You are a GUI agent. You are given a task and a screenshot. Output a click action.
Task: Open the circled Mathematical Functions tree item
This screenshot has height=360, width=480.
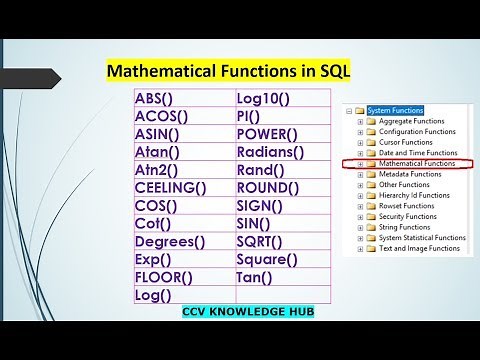pyautogui.click(x=419, y=162)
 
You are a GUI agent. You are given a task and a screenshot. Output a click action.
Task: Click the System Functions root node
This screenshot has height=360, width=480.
pyautogui.click(x=396, y=110)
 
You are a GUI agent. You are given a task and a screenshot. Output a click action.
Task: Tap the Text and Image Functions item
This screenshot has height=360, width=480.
pyautogui.click(x=419, y=251)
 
